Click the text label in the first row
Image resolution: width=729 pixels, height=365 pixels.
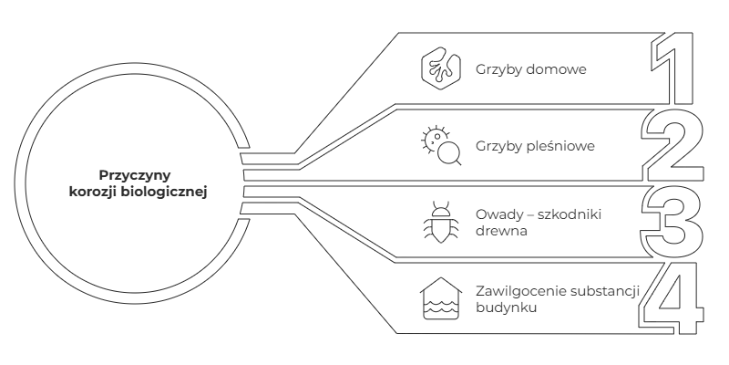532,69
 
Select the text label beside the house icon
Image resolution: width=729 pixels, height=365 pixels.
536,145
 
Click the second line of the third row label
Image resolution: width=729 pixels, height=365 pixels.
503,232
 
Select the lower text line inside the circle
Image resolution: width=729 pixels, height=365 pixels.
139,192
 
